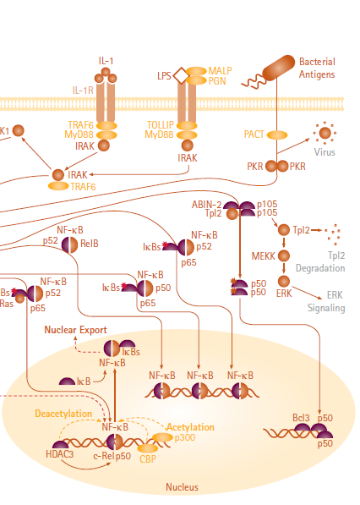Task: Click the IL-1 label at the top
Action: pyautogui.click(x=106, y=61)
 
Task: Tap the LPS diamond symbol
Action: pyautogui.click(x=181, y=75)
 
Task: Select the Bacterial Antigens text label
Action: pyautogui.click(x=317, y=69)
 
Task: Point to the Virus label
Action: pyautogui.click(x=325, y=152)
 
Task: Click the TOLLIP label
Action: pyautogui.click(x=160, y=124)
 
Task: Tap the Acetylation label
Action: pyautogui.click(x=190, y=427)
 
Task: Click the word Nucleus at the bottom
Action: pyautogui.click(x=182, y=487)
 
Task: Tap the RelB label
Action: pyautogui.click(x=90, y=243)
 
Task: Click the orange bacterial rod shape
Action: pyautogui.click(x=278, y=68)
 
